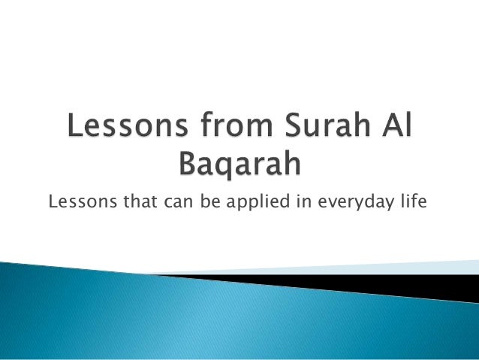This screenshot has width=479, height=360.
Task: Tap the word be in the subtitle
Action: point(204,200)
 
